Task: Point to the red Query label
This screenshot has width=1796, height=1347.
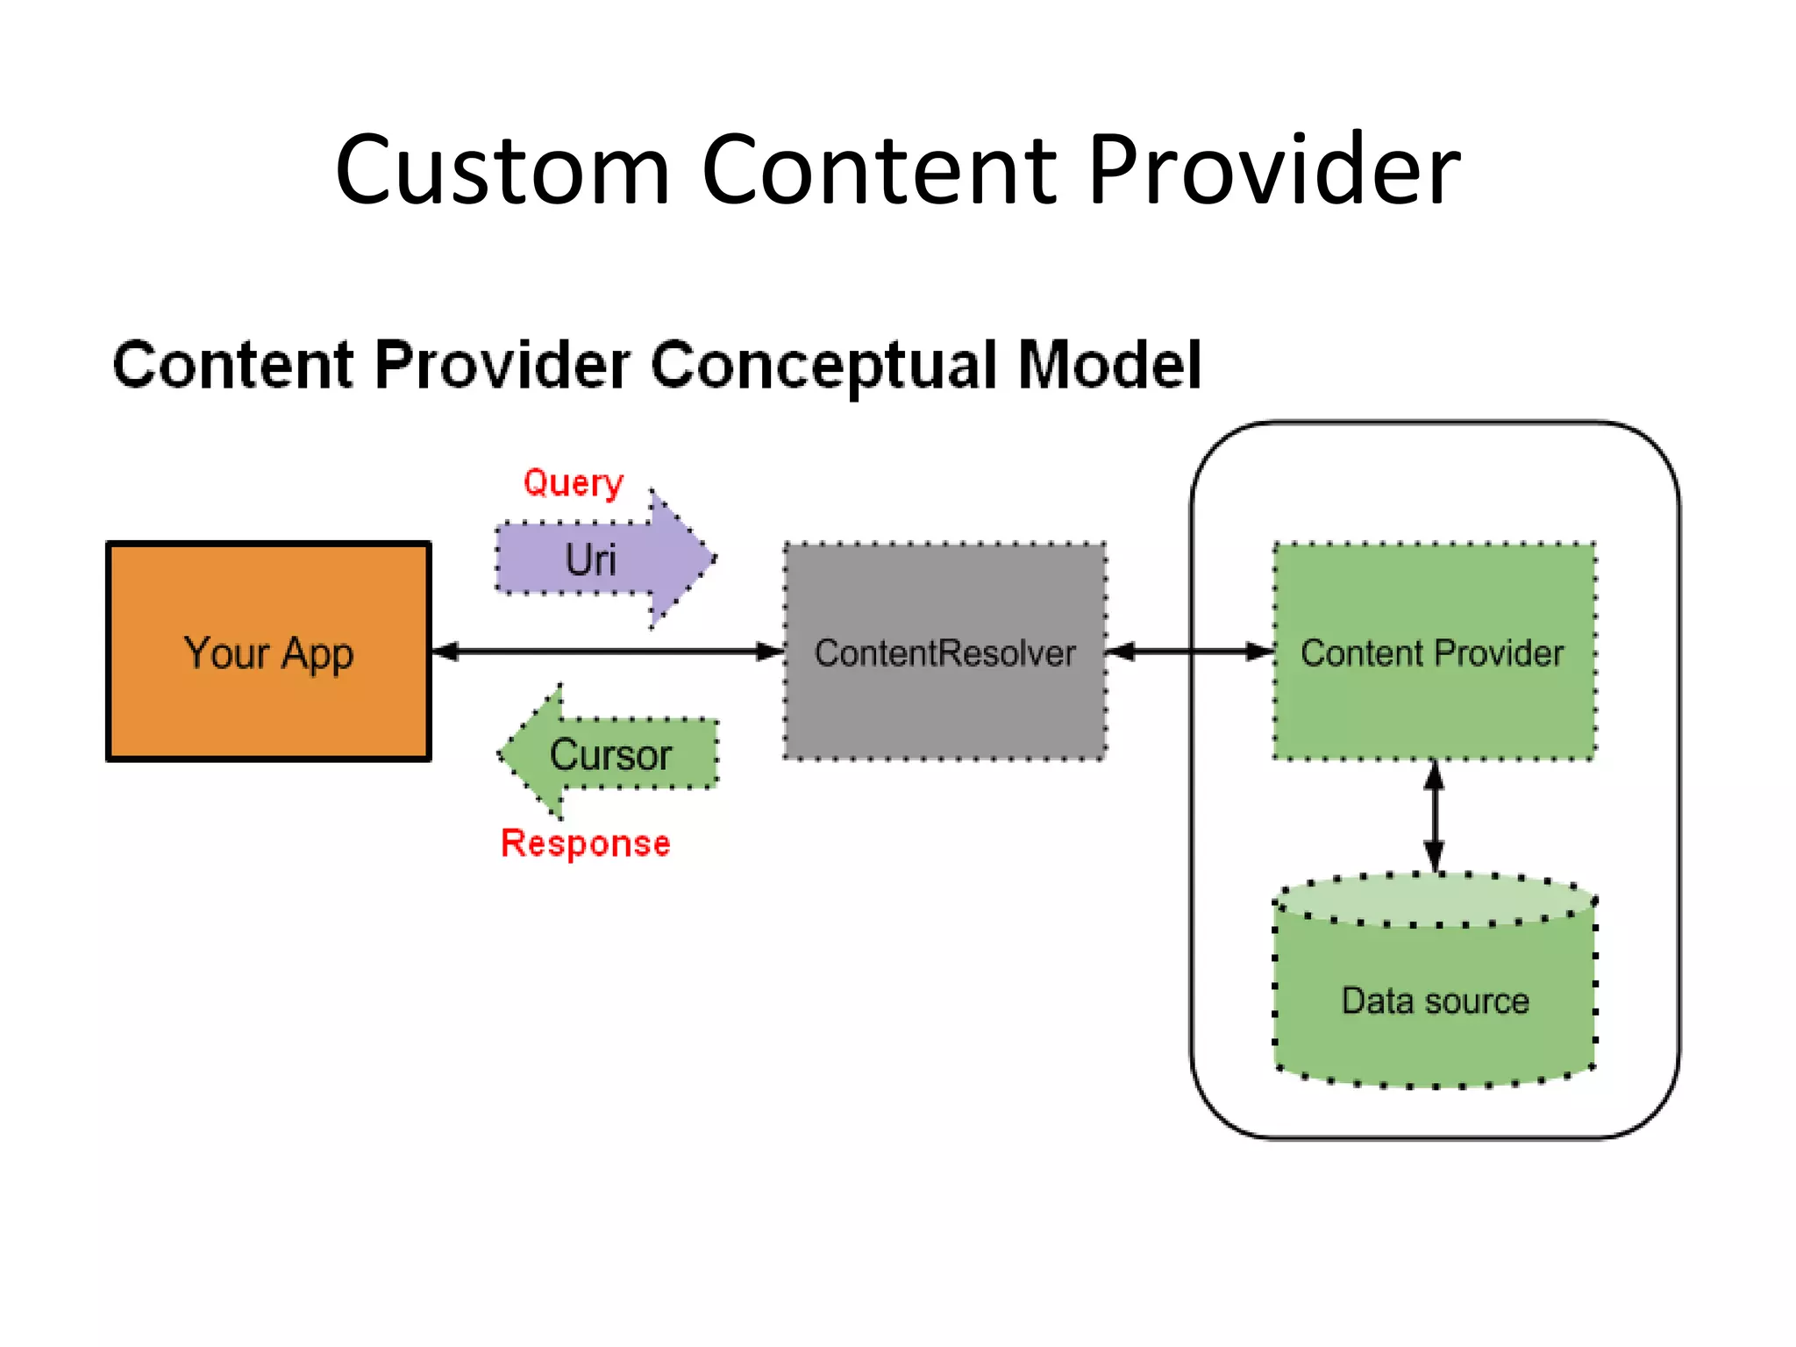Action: (x=573, y=483)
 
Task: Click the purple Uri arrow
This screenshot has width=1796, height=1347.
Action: (x=605, y=559)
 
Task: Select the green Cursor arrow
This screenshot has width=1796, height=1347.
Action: (x=614, y=754)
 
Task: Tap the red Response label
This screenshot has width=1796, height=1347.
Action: (x=585, y=844)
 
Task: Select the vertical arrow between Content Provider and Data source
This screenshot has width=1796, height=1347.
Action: (x=1435, y=816)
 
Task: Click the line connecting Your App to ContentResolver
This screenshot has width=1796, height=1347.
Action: (x=605, y=651)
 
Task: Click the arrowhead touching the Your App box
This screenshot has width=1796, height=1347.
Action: (x=445, y=651)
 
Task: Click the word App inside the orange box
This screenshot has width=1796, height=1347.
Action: (x=317, y=654)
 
